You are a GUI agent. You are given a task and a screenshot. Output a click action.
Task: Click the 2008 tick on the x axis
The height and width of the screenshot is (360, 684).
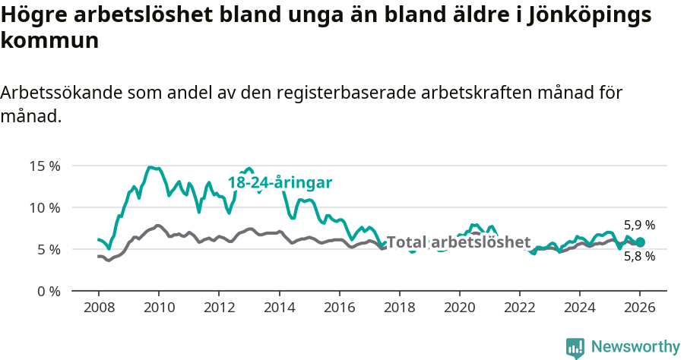pos(99,307)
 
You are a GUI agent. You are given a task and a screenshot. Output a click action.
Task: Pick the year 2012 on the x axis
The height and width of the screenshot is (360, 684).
pos(219,307)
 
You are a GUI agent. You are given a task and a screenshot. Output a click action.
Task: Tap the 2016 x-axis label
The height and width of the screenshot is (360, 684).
pos(339,307)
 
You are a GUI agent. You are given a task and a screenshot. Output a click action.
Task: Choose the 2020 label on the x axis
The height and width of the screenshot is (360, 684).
pos(459,307)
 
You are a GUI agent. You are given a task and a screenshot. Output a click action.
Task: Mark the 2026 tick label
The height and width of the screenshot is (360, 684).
pos(640,307)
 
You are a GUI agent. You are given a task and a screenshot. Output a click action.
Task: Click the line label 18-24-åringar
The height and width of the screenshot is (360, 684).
pos(280,183)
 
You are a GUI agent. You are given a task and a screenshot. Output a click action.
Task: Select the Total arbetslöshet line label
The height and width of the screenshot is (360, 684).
pos(458,242)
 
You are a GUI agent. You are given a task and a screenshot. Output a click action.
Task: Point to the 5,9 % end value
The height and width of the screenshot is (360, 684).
pos(639,226)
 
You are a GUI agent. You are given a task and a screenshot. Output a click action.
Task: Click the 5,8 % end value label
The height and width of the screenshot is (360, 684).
pos(639,257)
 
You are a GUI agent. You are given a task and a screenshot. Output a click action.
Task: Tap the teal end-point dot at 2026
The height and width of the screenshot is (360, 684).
pos(640,242)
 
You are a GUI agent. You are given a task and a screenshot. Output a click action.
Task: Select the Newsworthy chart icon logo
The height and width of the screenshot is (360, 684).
pos(575,348)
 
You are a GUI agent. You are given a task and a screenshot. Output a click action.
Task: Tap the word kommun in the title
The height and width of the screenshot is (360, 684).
pos(50,41)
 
